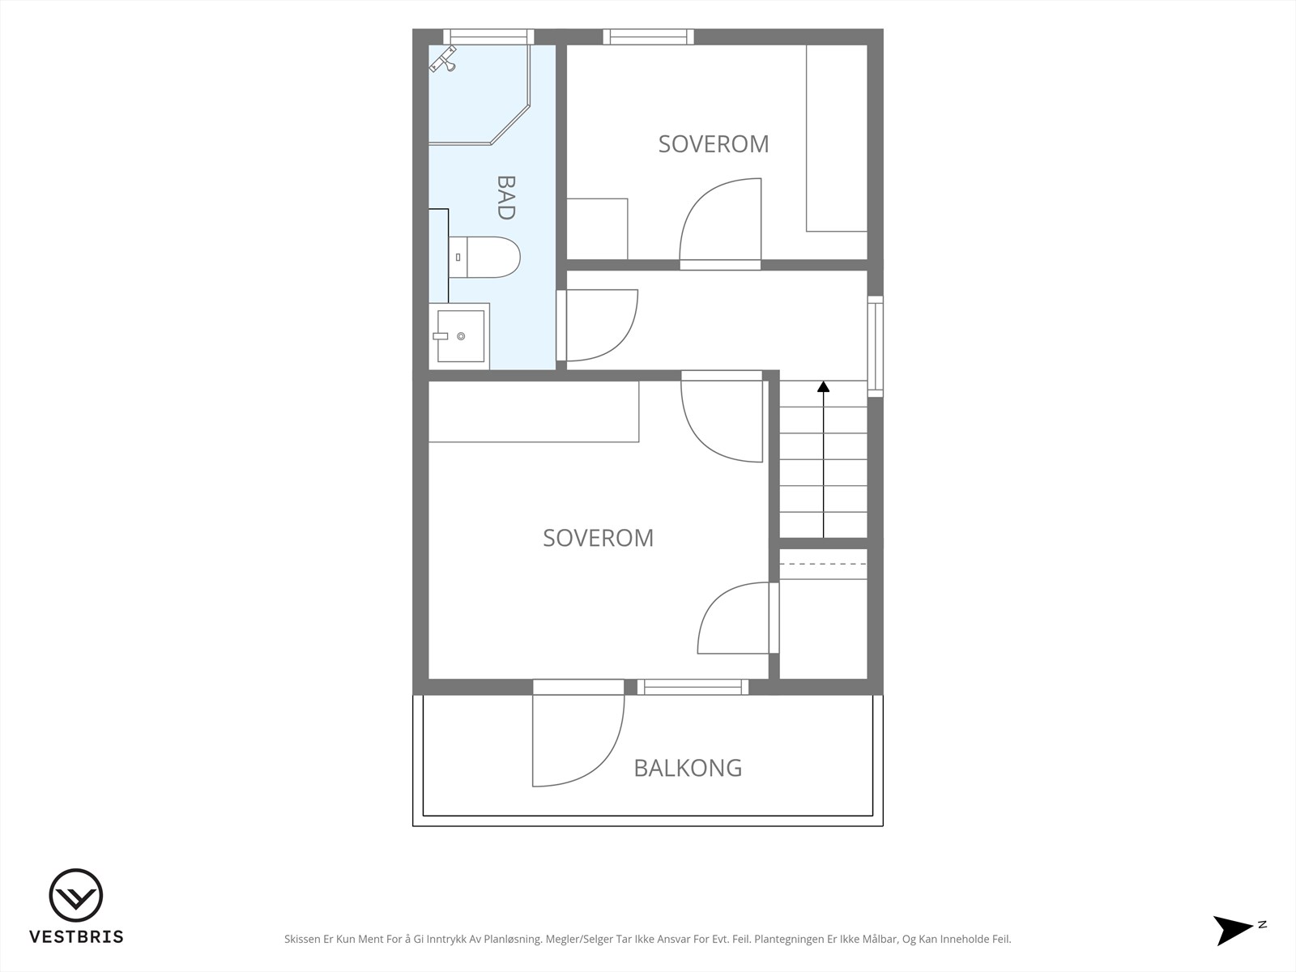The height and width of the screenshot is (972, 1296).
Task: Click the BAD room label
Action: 506,198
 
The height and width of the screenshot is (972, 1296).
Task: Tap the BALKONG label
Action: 688,768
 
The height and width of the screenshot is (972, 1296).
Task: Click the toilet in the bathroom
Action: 484,258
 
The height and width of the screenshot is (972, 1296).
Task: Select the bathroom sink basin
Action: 461,336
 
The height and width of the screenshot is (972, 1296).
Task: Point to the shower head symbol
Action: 443,59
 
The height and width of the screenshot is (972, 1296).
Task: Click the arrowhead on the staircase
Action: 823,386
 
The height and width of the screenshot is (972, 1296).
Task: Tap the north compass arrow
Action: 1232,930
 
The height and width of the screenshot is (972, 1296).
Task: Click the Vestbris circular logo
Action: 76,895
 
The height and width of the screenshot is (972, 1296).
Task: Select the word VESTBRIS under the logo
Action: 76,936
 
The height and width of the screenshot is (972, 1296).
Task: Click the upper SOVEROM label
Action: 714,144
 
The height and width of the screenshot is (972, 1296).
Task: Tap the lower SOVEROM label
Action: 598,538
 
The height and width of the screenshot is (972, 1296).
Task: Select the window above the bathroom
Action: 488,36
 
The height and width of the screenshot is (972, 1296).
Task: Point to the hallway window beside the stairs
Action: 875,346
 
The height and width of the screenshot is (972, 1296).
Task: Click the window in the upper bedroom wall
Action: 648,36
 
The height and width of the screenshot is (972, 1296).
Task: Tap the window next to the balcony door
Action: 693,687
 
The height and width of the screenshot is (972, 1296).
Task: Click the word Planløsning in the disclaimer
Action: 512,939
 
